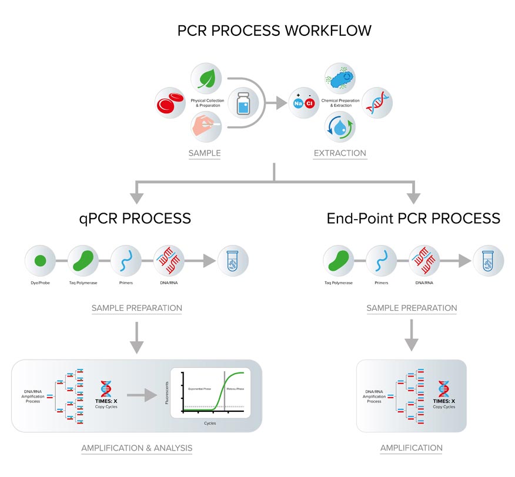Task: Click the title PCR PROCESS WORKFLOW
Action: pos(274,31)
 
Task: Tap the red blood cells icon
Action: pos(170,104)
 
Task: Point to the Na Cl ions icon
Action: pos(303,104)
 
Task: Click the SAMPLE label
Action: pos(205,153)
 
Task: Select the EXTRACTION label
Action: pos(340,153)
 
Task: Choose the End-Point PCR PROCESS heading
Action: pos(413,219)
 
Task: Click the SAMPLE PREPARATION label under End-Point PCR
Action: pos(412,308)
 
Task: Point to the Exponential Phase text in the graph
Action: pos(201,389)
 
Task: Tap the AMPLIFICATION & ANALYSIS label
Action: pos(136,448)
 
